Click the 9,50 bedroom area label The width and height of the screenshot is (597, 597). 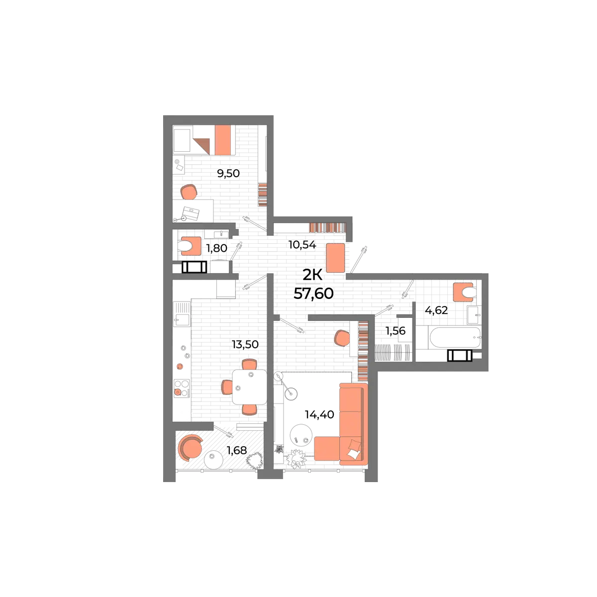(x=228, y=174)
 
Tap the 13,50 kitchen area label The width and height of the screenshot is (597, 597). (x=245, y=344)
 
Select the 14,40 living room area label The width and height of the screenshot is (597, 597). (x=319, y=414)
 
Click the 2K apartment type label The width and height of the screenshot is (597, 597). (x=312, y=275)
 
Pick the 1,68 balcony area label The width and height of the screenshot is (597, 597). (x=237, y=450)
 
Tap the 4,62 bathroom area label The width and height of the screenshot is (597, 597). (x=436, y=310)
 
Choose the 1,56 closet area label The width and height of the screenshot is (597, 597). (x=396, y=331)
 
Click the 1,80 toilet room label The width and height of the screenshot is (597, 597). (x=216, y=248)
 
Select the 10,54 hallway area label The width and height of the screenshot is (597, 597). (x=302, y=245)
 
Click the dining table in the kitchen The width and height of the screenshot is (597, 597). (x=249, y=387)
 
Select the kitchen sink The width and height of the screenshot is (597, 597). (x=182, y=314)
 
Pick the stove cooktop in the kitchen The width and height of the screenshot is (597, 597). (x=182, y=388)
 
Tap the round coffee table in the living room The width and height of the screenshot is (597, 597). (x=301, y=435)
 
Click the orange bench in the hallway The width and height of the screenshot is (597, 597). (x=335, y=258)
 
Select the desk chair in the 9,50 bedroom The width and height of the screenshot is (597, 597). (x=189, y=192)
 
